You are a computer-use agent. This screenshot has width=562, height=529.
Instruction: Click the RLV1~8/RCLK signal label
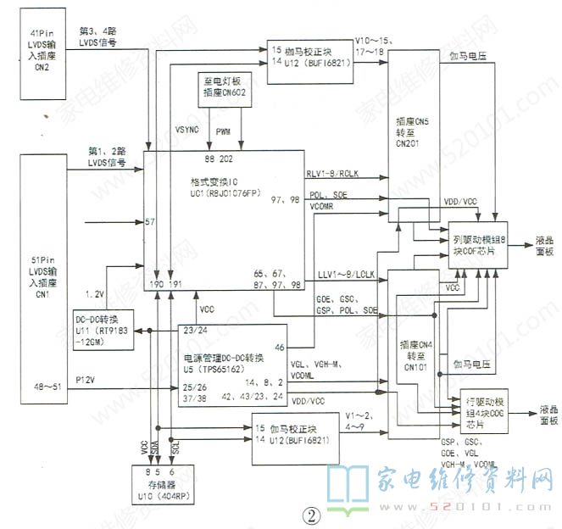[x=337, y=173]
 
